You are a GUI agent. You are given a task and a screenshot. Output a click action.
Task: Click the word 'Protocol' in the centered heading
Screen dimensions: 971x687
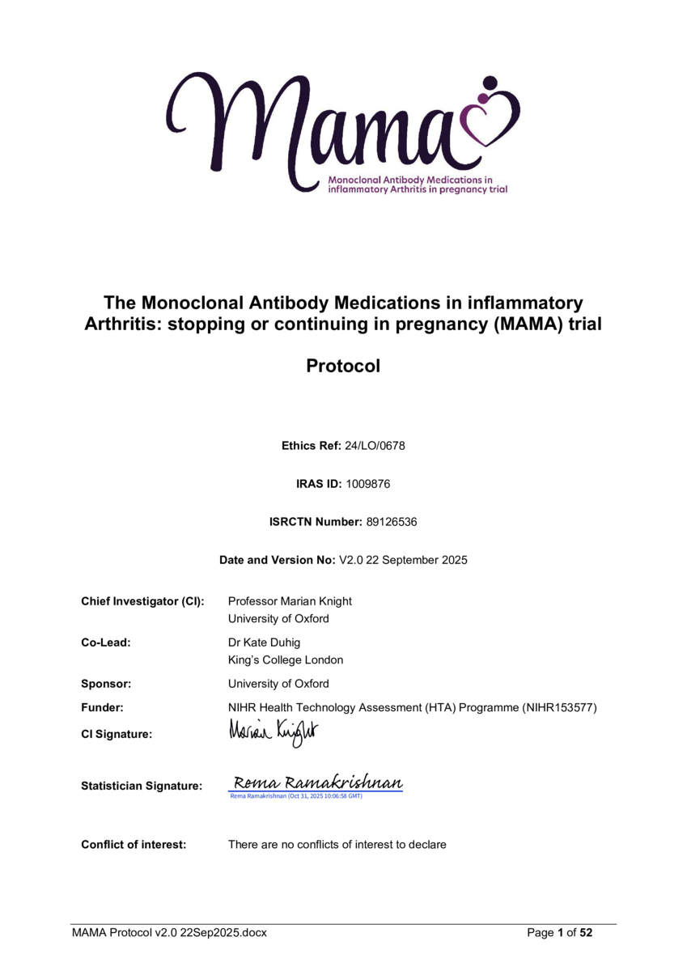pos(343,366)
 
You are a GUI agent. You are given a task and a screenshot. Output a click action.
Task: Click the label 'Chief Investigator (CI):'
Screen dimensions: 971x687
pos(142,601)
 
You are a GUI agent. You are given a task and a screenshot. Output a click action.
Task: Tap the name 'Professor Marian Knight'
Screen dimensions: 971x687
pos(290,601)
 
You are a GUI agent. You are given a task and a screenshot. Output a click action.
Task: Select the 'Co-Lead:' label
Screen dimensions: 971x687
pos(106,642)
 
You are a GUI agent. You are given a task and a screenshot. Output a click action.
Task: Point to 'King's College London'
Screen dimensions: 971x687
pos(285,659)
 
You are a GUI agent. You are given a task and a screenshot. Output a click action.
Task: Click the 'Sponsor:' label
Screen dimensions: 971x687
pos(106,684)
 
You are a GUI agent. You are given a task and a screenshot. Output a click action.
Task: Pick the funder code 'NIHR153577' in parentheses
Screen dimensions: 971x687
pos(560,708)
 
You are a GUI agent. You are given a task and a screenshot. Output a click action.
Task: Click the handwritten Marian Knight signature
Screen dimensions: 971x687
pos(274,732)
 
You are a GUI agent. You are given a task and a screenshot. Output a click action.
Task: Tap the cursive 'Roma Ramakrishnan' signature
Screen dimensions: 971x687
pos(317,782)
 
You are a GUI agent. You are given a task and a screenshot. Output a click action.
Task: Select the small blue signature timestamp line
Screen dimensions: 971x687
pos(296,796)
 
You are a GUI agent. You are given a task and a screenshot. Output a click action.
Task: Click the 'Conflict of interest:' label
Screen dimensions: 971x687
pos(134,845)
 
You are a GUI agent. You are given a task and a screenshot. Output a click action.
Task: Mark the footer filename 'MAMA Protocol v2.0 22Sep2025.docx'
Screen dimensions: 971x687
pos(169,933)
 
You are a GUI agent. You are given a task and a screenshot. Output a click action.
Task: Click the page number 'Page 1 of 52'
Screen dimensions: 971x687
pos(560,933)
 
